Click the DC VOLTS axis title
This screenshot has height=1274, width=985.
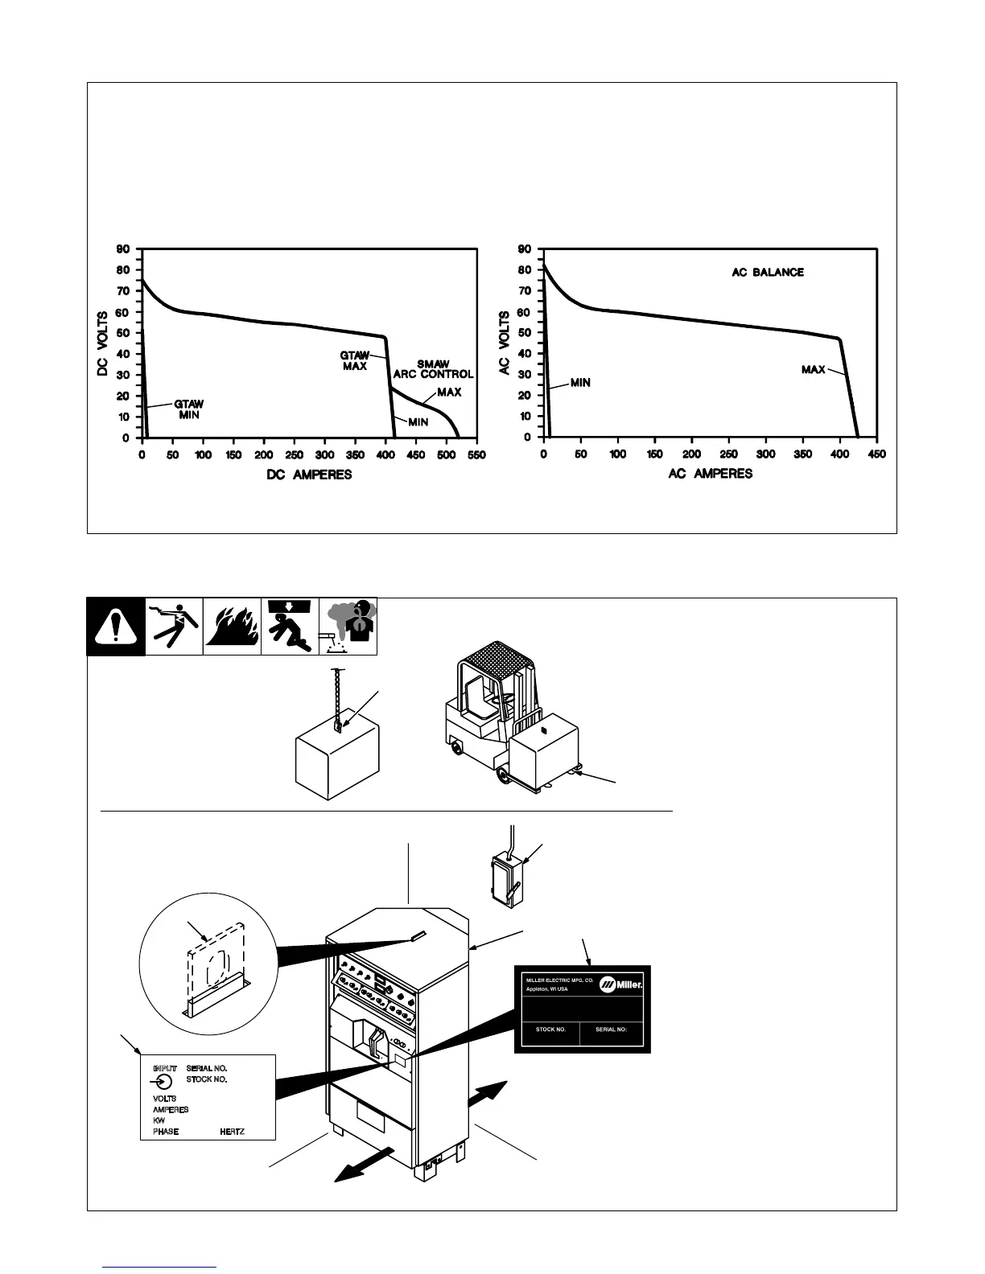coord(103,343)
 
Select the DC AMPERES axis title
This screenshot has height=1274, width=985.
coord(309,475)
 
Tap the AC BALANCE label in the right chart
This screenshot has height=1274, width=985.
coord(767,273)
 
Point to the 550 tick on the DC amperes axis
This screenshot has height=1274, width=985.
coord(476,454)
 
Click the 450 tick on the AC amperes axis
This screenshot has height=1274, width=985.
coord(877,454)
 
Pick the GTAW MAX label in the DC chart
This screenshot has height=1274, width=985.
coord(355,360)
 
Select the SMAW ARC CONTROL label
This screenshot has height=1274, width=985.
coord(433,369)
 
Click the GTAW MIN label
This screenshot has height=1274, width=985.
coord(188,409)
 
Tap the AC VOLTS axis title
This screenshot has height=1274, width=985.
coord(505,343)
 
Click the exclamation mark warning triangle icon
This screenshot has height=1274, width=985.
coord(116,627)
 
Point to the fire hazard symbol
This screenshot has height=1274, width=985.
coord(232,627)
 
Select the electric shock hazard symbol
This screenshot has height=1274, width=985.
coord(174,627)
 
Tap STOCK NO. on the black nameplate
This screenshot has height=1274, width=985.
coord(550,1029)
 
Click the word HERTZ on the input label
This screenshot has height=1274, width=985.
coord(232,1131)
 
